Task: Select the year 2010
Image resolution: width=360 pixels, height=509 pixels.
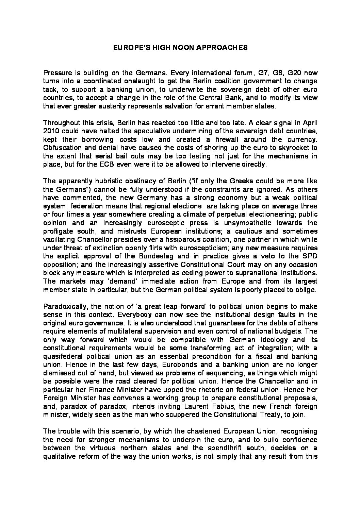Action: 52,131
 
